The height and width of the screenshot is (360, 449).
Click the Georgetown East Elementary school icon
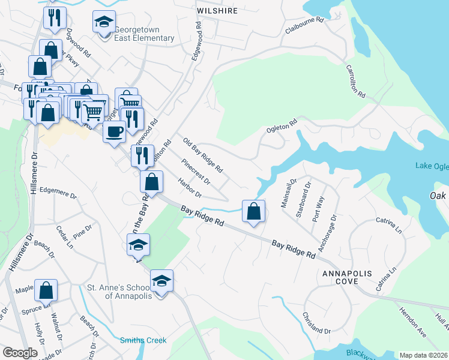pyautogui.click(x=104, y=22)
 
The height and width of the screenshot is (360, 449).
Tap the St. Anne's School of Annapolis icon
pyautogui.click(x=161, y=281)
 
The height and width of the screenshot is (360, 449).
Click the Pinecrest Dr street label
pyautogui.click(x=196, y=172)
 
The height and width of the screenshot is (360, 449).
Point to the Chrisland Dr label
pyautogui.click(x=316, y=323)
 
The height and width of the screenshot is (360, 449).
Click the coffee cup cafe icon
pyautogui.click(x=113, y=131)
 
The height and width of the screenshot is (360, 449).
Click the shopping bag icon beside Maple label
pyautogui.click(x=46, y=290)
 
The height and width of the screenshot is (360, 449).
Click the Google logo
pyautogui.click(x=20, y=353)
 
